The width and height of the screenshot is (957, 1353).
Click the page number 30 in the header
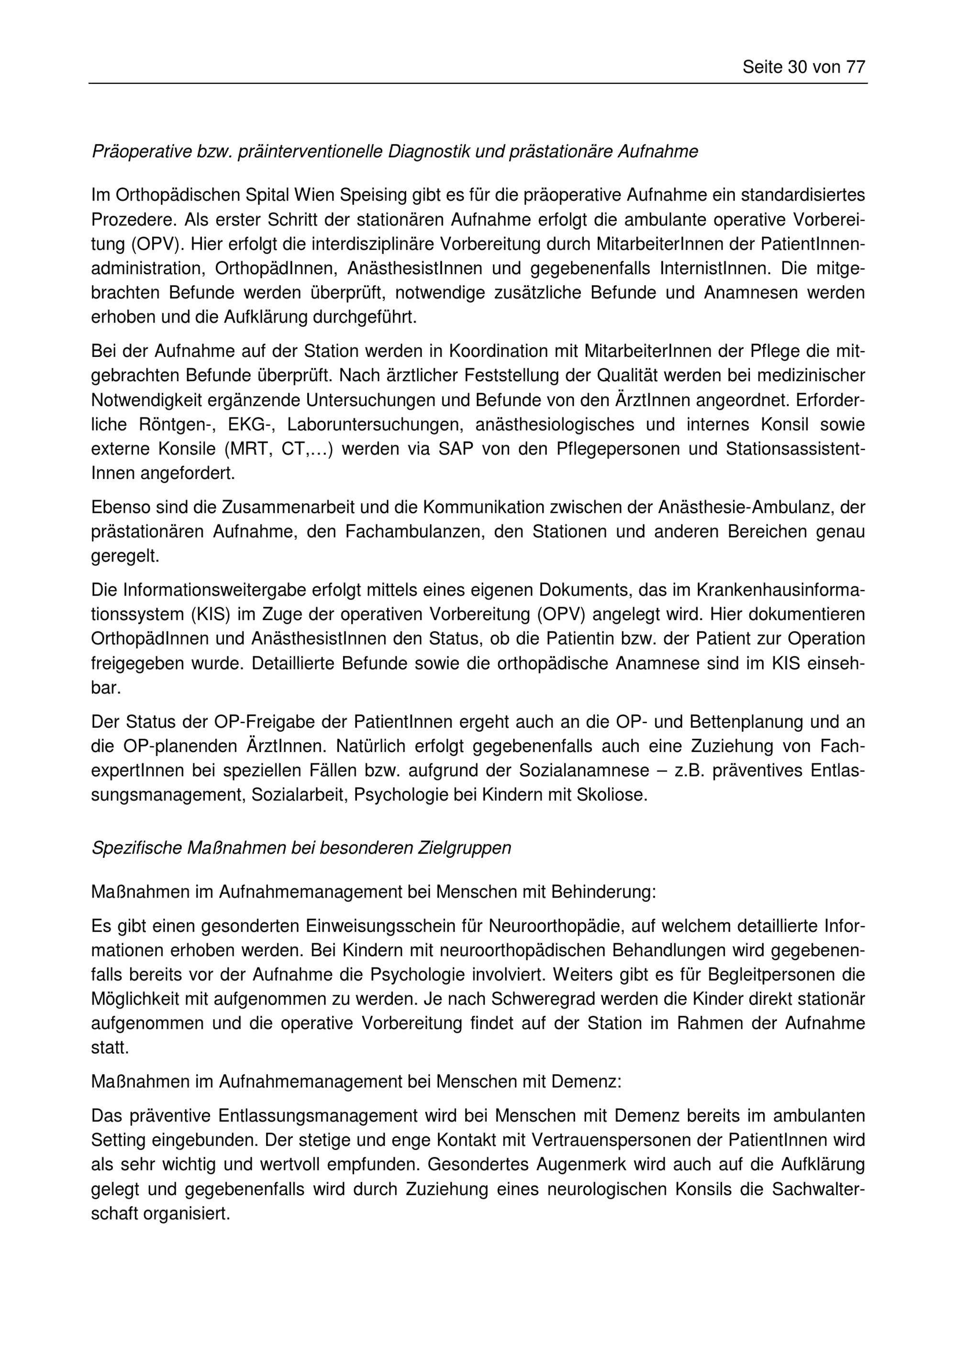[797, 67]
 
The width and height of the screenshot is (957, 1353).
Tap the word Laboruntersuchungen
[373, 424]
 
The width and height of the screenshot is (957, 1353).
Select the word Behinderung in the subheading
[603, 892]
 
